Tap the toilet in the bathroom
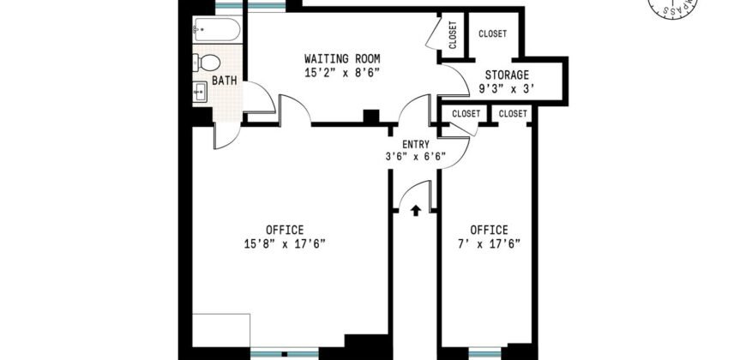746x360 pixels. [208, 62]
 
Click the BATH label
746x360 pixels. [225, 81]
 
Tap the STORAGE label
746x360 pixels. [507, 75]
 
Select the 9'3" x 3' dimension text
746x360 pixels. [507, 88]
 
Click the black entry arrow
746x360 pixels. [416, 209]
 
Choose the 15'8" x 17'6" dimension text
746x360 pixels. [284, 243]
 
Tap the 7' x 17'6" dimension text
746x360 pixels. [489, 243]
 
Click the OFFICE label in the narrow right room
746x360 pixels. [489, 230]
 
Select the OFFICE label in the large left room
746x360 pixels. [284, 230]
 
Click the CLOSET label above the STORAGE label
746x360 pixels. [492, 34]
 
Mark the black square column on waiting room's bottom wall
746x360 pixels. [370, 117]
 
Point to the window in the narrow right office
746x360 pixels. [484, 351]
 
